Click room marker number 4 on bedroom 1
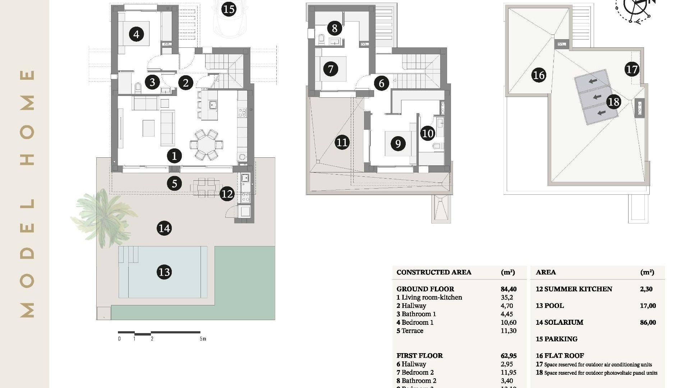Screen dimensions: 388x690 136,34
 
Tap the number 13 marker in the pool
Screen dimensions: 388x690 164,272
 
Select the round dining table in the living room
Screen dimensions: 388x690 206,145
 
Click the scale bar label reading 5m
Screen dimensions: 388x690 203,339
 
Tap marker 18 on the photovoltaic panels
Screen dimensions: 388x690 613,102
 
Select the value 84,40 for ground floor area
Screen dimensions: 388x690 509,289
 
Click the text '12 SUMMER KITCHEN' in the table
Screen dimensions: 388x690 574,289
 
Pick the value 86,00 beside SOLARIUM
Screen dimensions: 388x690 648,323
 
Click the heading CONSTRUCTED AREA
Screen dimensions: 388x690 433,272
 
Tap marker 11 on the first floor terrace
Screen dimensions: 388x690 342,143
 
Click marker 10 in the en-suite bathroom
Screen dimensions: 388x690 428,134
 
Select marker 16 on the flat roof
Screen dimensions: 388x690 538,75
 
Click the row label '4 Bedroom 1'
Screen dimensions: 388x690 415,323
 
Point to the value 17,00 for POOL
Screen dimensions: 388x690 648,306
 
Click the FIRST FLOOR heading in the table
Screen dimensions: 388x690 419,356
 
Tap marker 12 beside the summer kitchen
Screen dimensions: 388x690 227,194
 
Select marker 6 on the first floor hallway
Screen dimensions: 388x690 382,83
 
